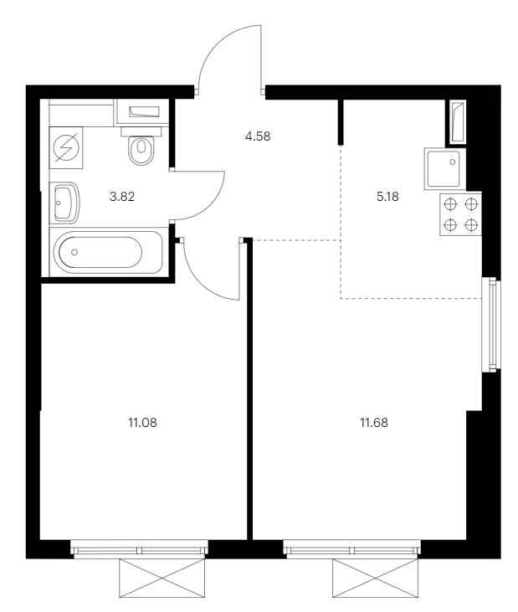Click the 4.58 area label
point(258,136)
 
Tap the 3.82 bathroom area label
point(122,197)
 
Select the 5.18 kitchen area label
point(387,197)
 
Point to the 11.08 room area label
point(142,423)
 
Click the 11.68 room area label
point(374,423)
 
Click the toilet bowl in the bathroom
point(141,146)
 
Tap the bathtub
point(105,252)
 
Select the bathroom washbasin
point(64,203)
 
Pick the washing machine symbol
point(66,147)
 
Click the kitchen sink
point(445,168)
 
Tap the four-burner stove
point(460,213)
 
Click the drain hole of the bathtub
point(74,252)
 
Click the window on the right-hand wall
point(491,325)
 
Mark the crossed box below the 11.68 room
point(375,578)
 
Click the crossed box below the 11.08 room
point(162,578)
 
